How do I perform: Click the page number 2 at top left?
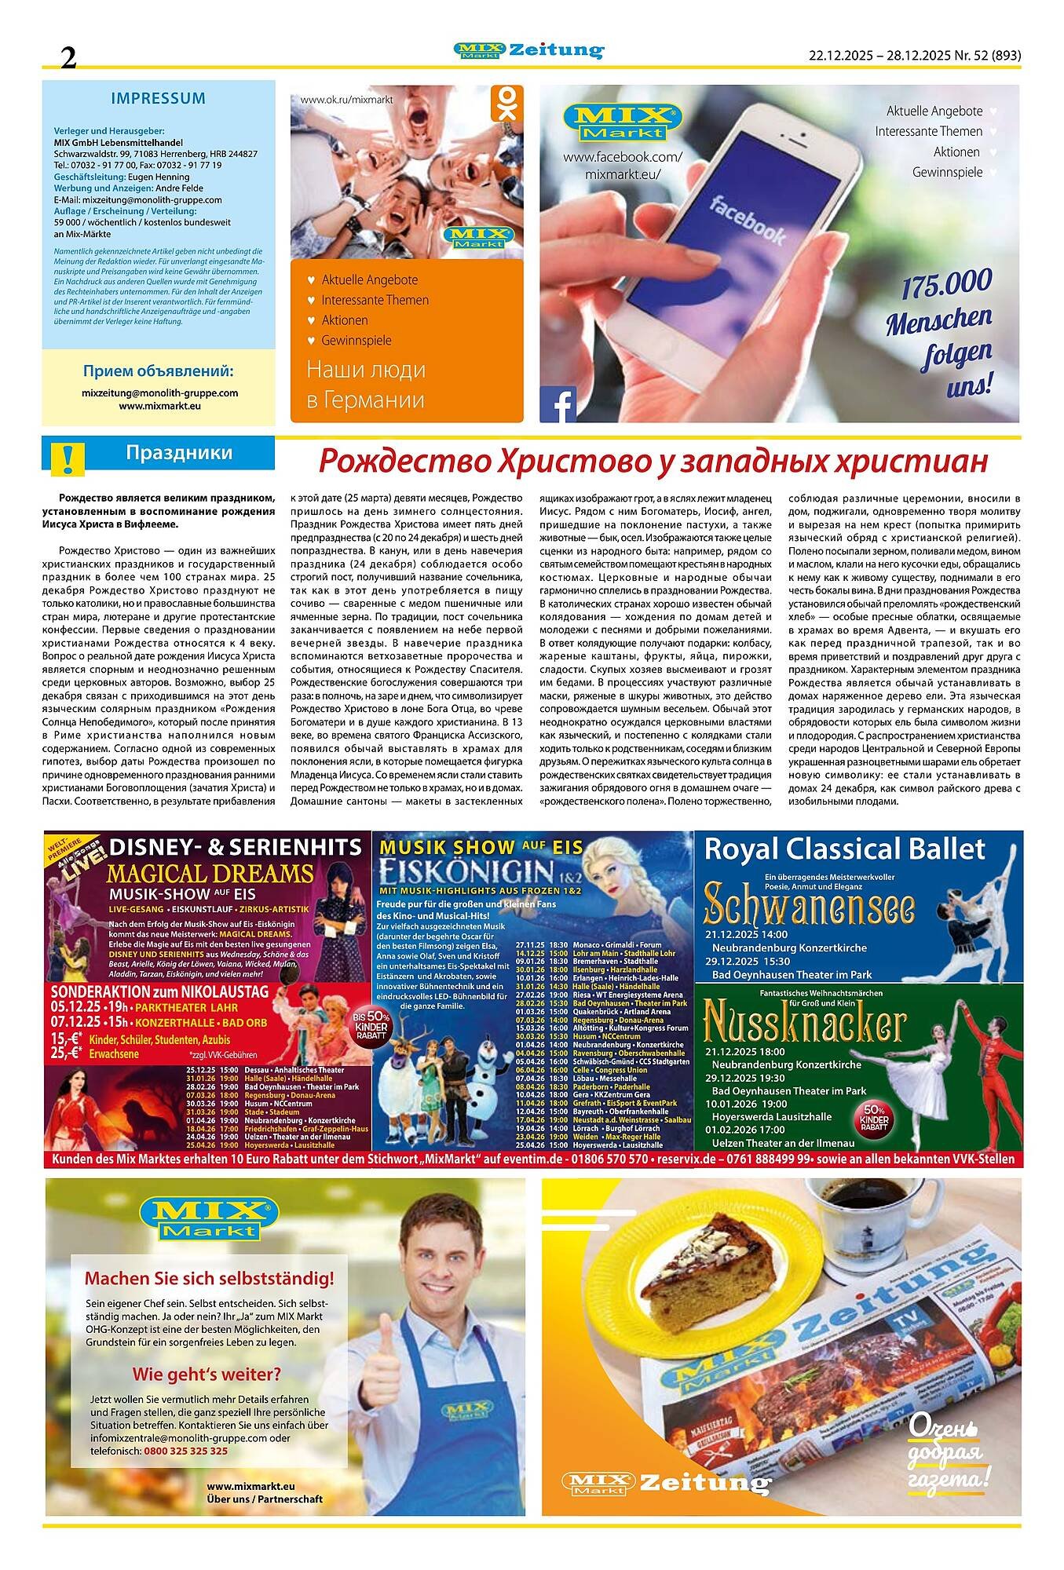point(69,57)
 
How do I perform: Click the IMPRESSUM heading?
point(158,99)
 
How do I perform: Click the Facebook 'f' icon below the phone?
point(558,404)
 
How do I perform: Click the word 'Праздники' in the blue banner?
point(179,453)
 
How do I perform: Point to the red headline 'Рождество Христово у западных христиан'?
point(653,461)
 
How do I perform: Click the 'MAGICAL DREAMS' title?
point(210,873)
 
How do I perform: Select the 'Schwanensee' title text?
point(810,906)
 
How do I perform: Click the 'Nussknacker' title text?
point(805,1024)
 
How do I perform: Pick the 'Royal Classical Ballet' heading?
point(844,849)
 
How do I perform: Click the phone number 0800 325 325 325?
point(186,1451)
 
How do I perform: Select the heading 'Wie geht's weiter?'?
point(207,1375)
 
